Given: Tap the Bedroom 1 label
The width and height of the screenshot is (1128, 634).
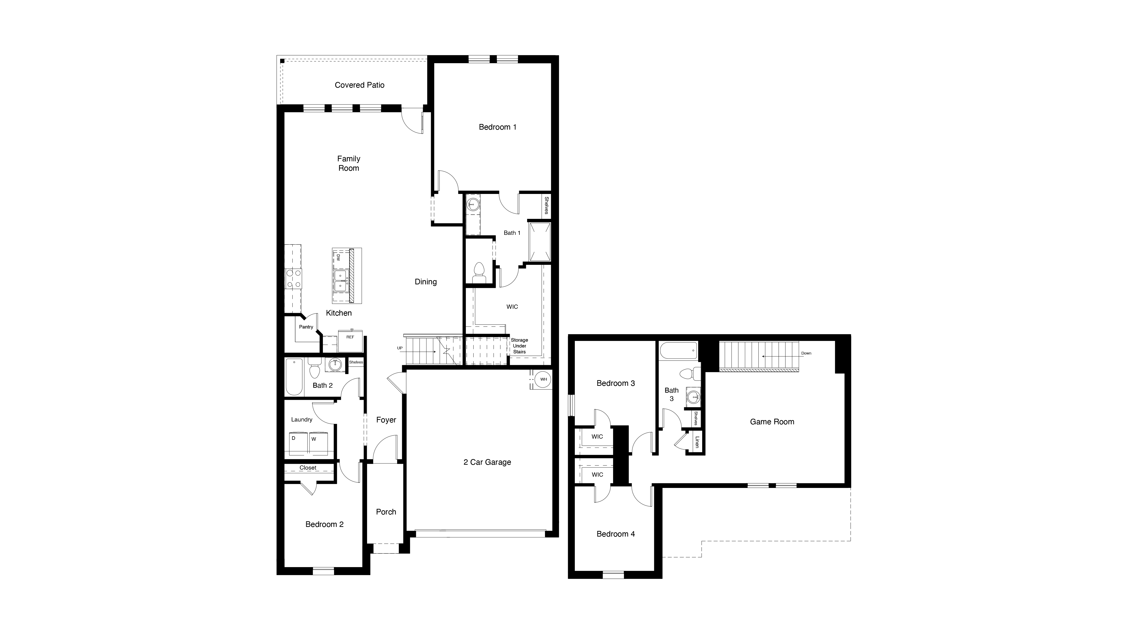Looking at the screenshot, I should (497, 127).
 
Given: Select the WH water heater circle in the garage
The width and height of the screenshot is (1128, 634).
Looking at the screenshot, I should (543, 379).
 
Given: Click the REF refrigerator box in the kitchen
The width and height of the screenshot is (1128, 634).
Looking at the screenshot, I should (350, 341).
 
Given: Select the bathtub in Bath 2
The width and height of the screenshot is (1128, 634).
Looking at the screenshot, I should (294, 377).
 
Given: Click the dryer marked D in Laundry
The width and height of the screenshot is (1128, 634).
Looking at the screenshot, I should (298, 443).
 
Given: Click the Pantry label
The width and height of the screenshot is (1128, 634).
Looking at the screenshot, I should (306, 327).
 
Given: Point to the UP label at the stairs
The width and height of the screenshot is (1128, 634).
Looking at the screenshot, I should (400, 348).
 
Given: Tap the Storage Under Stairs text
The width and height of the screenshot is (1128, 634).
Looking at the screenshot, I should (519, 346).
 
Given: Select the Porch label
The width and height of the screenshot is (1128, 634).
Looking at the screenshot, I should (386, 511).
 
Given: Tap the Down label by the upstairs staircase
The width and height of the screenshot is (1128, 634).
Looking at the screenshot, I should (806, 353).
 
